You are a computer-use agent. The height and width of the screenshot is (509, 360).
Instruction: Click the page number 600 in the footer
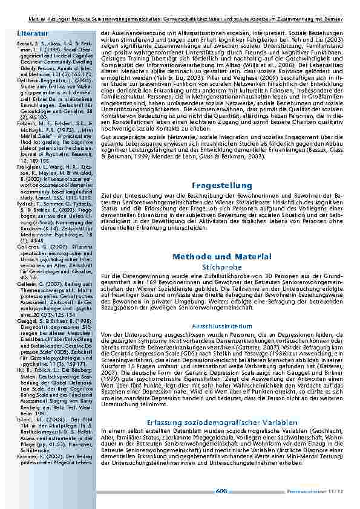pos(221,491)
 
